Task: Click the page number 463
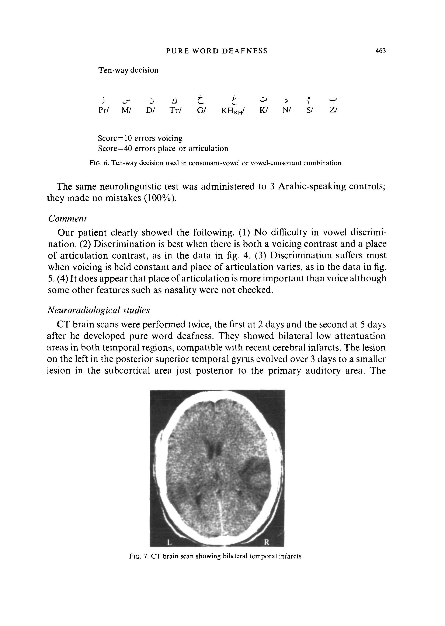(x=381, y=51)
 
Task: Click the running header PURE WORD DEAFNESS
(x=217, y=51)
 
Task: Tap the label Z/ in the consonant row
(x=333, y=110)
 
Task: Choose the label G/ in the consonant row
(x=201, y=110)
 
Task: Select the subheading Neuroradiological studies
(x=99, y=310)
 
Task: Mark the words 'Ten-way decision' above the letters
(x=128, y=70)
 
